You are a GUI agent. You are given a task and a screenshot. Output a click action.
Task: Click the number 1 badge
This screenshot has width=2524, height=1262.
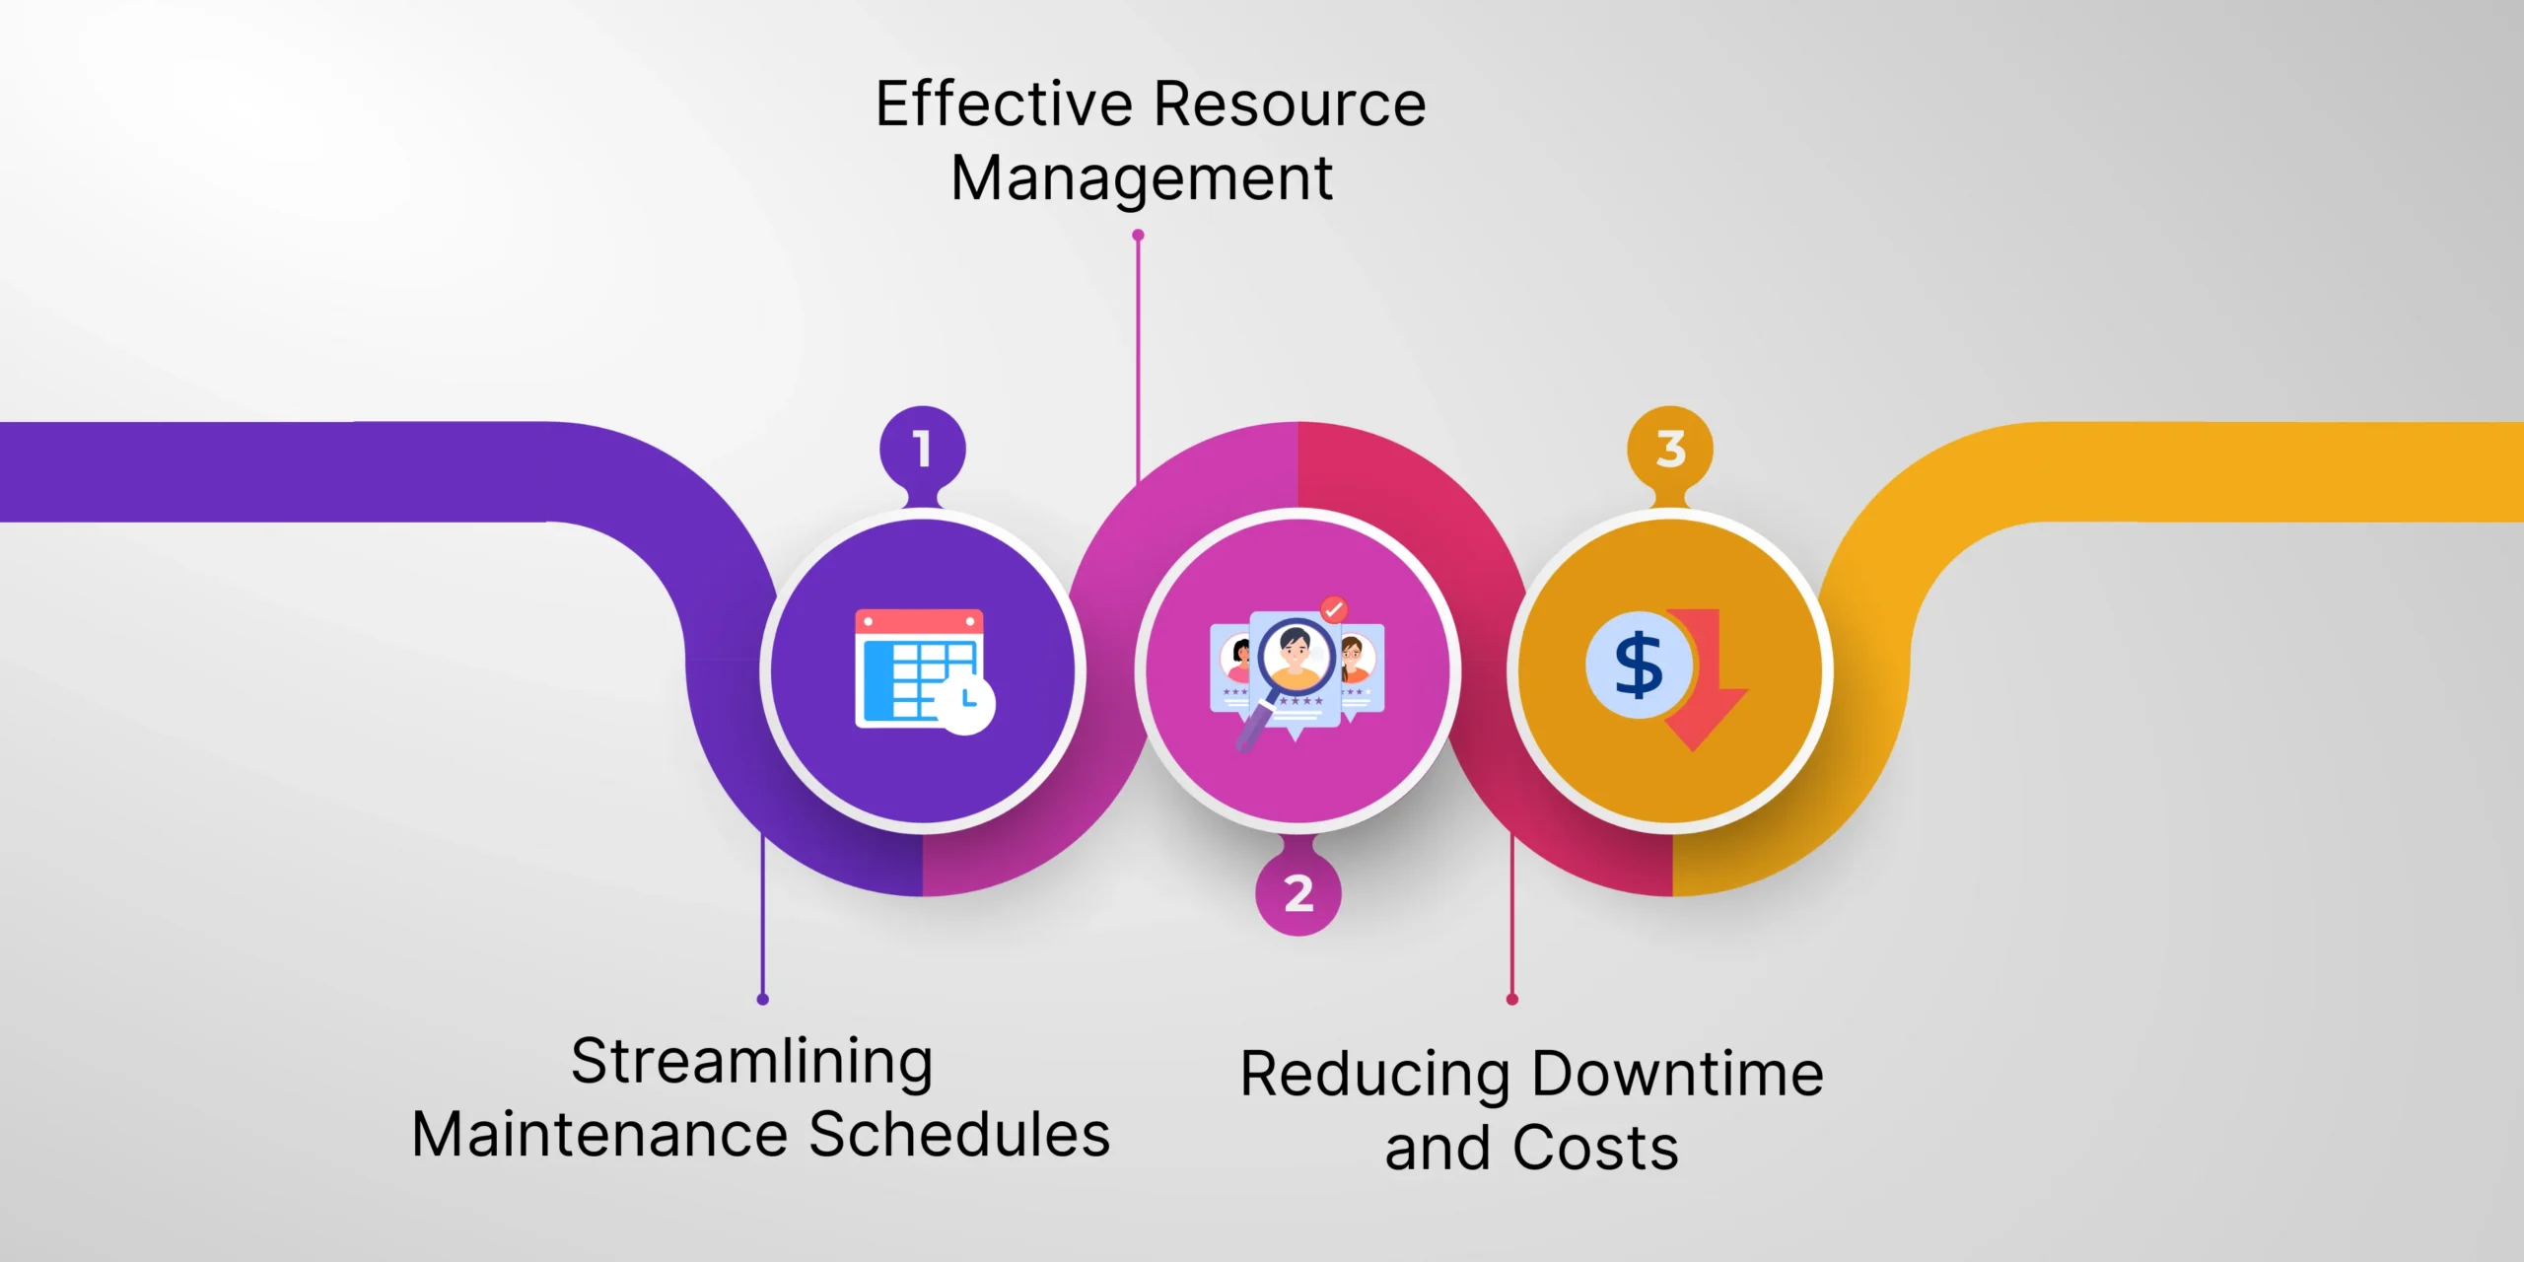click(922, 450)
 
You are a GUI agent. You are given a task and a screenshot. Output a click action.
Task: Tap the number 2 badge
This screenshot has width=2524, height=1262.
click(1297, 893)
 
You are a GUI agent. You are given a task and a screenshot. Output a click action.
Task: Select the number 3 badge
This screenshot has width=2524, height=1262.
click(1670, 450)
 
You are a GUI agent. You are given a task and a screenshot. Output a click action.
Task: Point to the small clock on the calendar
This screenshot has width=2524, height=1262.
click(966, 704)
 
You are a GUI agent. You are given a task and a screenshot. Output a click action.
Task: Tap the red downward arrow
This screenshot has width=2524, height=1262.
click(1708, 680)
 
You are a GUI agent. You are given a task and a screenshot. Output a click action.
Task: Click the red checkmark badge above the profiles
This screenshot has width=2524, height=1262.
click(1334, 609)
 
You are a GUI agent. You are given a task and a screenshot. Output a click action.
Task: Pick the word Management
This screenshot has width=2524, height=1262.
click(1142, 178)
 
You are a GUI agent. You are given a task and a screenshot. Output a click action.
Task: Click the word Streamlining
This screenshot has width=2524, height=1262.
click(752, 1063)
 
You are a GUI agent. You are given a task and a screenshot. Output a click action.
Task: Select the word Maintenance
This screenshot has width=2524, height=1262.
click(599, 1134)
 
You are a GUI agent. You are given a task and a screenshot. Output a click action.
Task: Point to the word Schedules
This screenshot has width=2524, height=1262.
click(959, 1134)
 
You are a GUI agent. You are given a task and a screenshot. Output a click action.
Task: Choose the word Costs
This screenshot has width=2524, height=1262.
click(1595, 1149)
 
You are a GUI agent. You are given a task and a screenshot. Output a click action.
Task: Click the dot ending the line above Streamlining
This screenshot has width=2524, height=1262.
click(763, 1000)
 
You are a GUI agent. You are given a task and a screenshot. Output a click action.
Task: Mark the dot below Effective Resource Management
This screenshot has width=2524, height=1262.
click(1138, 236)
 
